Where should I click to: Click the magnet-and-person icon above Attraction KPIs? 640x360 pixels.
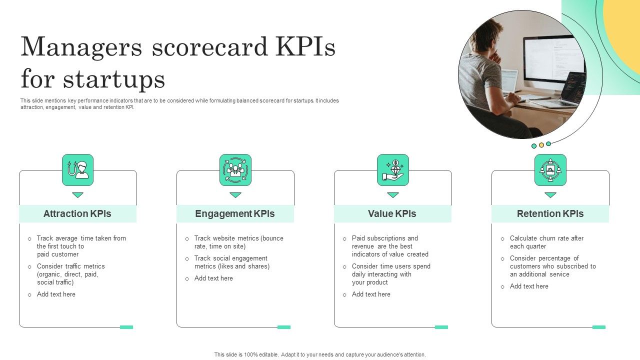point(77,170)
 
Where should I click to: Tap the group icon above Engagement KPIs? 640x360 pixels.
point(235,170)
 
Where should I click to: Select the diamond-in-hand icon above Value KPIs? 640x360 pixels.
point(393,170)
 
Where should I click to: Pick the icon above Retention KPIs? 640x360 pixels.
point(550,170)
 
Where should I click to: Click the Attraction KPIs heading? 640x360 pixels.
point(77,213)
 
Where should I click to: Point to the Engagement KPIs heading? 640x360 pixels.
point(235,213)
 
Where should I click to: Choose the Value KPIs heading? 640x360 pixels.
point(392,213)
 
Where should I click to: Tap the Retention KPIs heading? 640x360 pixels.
point(550,213)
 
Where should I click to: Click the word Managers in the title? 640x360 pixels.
point(81,47)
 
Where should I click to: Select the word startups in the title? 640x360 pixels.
point(114,79)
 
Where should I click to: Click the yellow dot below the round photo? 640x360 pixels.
point(541,145)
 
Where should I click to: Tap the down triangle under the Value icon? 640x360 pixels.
point(393,195)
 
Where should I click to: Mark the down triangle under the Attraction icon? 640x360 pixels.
point(77,195)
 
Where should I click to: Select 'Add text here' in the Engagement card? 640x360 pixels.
point(213,278)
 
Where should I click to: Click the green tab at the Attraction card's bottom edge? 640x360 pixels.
point(126,327)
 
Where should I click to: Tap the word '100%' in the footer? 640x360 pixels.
point(251,354)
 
